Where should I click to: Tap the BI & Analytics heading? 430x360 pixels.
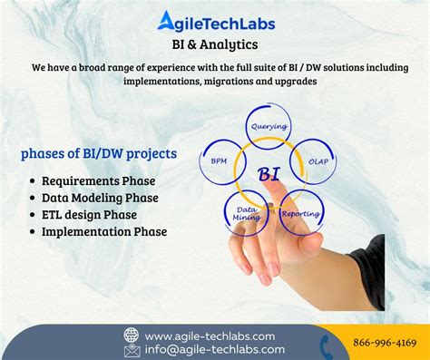(214, 44)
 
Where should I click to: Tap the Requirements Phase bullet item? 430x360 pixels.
(99, 180)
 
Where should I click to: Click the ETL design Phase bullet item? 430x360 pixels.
(89, 215)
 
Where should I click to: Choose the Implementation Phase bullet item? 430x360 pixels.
(103, 232)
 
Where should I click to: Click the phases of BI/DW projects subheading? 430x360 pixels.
(98, 153)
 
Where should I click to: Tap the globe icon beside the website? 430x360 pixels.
(132, 335)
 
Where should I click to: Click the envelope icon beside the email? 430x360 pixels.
(132, 349)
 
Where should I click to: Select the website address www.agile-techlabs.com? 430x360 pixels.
(214, 335)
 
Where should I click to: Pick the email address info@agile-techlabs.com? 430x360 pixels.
(214, 349)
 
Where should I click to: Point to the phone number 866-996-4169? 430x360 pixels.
(384, 344)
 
